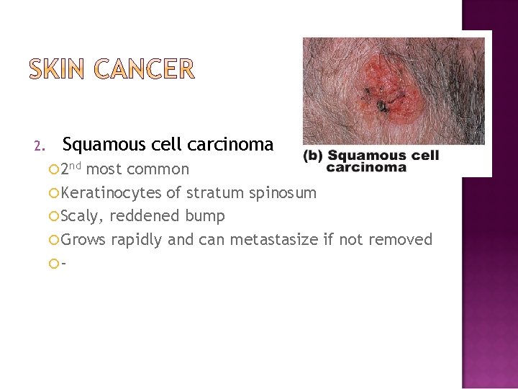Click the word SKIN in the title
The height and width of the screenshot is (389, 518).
click(x=59, y=70)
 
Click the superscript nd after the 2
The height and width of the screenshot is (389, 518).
click(x=76, y=165)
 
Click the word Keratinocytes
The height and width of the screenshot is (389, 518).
click(x=111, y=193)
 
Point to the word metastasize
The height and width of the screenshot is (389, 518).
click(x=273, y=239)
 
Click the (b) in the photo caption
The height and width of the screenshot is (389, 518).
click(x=314, y=156)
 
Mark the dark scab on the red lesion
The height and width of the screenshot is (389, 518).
click(x=382, y=107)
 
